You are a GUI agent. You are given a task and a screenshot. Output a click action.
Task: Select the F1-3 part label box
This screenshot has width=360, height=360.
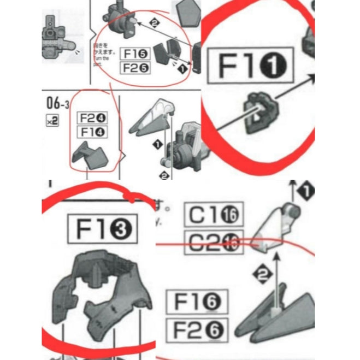102,229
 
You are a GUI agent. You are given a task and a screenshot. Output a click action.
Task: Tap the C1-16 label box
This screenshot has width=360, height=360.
214,215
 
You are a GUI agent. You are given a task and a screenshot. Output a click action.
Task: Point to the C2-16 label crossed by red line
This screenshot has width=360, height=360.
214,243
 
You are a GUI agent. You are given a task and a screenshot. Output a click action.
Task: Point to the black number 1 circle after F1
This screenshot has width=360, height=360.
276,66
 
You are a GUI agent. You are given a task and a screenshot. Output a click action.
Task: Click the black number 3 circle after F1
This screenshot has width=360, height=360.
121,229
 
